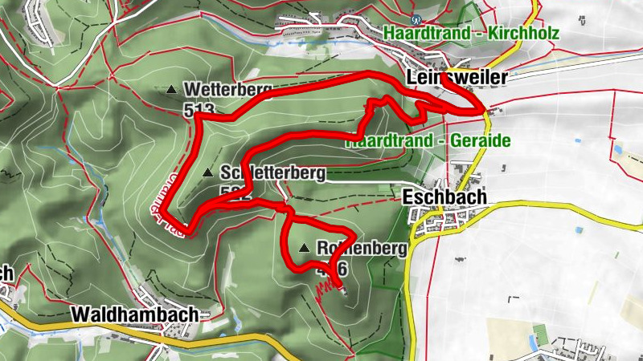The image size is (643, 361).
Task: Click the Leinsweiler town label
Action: coord(457,78)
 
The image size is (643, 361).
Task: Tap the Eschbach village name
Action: coord(440,197)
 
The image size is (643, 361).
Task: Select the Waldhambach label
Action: coord(134,315)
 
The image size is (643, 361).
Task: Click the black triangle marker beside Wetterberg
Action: coord(171,90)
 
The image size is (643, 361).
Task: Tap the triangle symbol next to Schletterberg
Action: coord(208,172)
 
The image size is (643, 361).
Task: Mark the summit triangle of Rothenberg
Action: coord(305,249)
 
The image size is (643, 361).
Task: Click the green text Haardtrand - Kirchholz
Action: coord(482,34)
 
